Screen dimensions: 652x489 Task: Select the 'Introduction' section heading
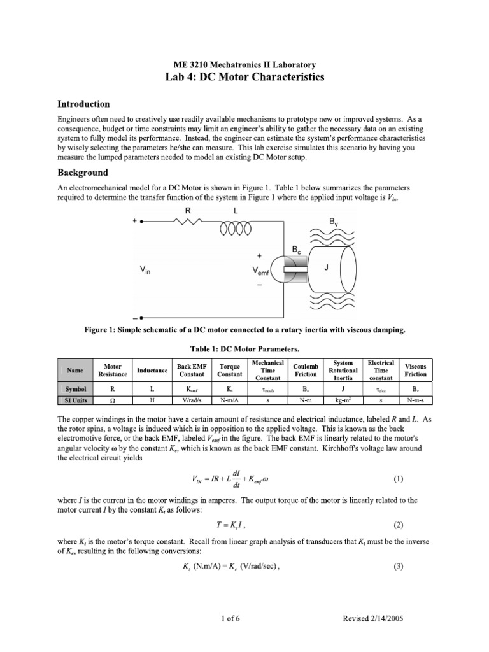pyautogui.click(x=84, y=104)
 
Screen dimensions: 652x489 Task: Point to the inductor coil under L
pyautogui.click(x=236, y=227)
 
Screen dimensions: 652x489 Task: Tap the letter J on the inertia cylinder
pyautogui.click(x=326, y=268)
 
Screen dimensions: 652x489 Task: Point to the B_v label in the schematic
pyautogui.click(x=334, y=223)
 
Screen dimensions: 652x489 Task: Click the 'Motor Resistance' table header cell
pyautogui.click(x=112, y=370)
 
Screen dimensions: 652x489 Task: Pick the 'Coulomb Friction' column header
pyautogui.click(x=306, y=370)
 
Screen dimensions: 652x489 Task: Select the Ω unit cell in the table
pyautogui.click(x=112, y=400)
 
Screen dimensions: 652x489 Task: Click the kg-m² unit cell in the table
pyautogui.click(x=343, y=400)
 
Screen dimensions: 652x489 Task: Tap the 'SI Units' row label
pyautogui.click(x=75, y=400)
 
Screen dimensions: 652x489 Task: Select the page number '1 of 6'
pyautogui.click(x=244, y=618)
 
